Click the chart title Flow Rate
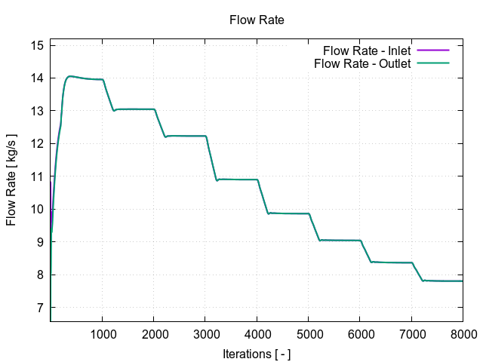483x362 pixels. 256,20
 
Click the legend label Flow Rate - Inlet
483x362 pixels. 367,51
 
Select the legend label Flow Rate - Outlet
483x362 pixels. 362,63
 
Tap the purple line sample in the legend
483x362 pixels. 433,51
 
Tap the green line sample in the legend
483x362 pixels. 433,63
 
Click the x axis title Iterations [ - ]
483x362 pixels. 257,353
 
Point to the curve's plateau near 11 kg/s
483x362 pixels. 238,179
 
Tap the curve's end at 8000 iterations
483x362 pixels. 463,281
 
